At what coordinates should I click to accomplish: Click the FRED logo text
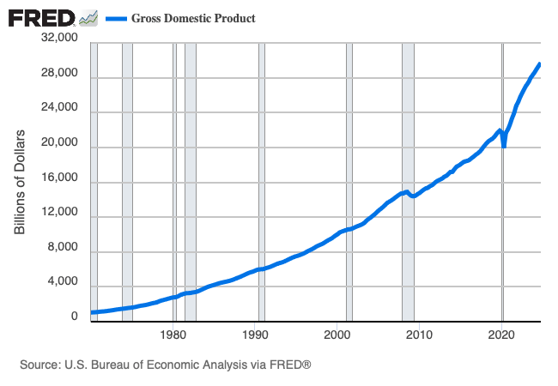pyautogui.click(x=40, y=17)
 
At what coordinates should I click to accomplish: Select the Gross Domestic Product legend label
pyautogui.click(x=192, y=18)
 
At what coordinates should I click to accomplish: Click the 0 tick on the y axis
pyautogui.click(x=74, y=317)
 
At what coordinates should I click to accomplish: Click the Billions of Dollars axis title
pyautogui.click(x=21, y=182)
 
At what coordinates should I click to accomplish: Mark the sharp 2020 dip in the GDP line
pyautogui.click(x=504, y=146)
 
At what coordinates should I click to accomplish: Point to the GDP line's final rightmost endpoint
pyautogui.click(x=539, y=63)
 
